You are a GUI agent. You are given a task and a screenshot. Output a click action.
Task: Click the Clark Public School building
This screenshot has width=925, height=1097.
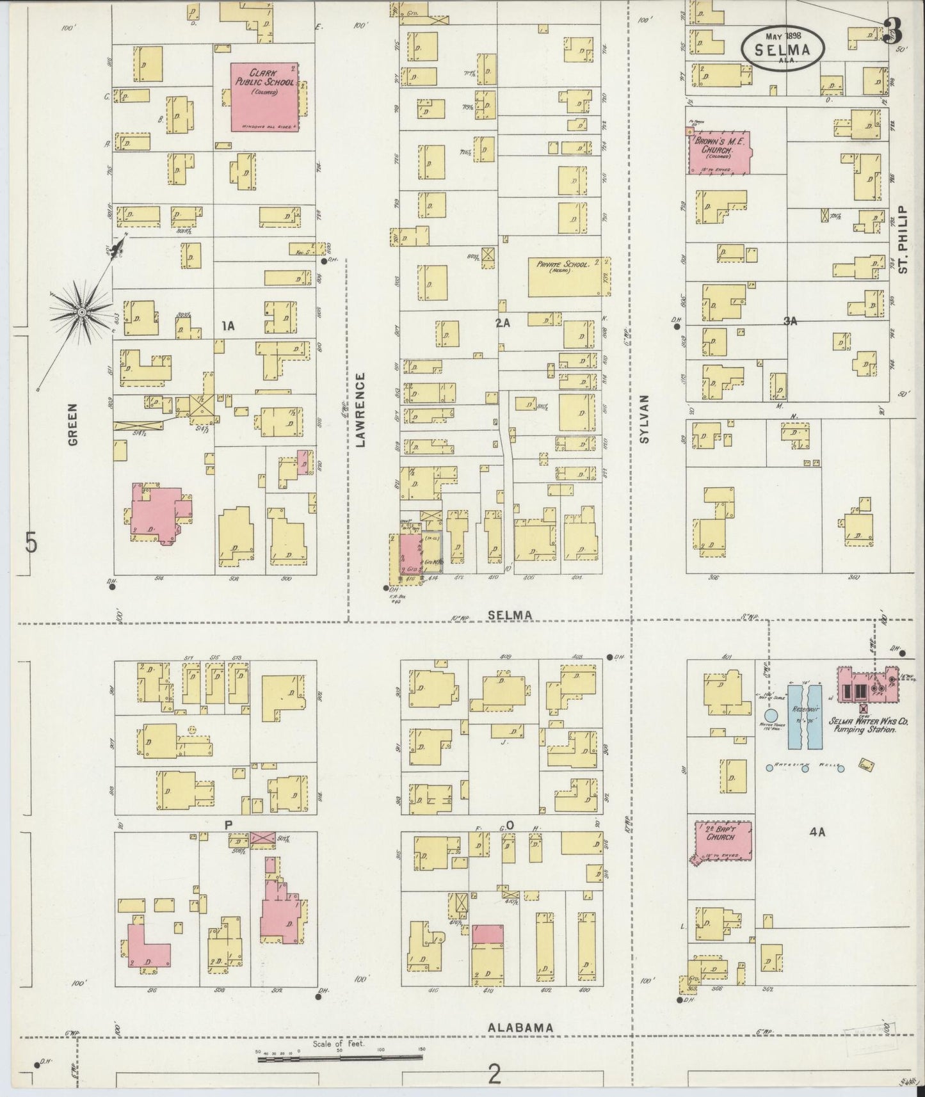pyautogui.click(x=264, y=97)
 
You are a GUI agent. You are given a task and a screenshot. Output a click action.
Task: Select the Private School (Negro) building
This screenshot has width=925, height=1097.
pyautogui.click(x=566, y=277)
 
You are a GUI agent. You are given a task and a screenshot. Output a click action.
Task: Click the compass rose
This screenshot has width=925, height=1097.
pyautogui.click(x=82, y=312)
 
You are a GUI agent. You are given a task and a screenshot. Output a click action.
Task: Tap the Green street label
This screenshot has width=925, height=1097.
pyautogui.click(x=72, y=424)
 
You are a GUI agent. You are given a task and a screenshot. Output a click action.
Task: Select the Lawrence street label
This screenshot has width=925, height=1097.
pyautogui.click(x=360, y=410)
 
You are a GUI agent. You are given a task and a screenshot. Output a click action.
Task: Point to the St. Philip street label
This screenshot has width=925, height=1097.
pyautogui.click(x=903, y=239)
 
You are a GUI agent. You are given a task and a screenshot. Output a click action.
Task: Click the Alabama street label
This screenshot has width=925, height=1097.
pyautogui.click(x=520, y=1045)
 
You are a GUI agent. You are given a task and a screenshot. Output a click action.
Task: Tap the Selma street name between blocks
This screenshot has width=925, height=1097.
pyautogui.click(x=510, y=614)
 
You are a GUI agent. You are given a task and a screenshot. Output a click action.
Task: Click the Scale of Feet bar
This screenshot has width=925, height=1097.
pyautogui.click(x=339, y=1059)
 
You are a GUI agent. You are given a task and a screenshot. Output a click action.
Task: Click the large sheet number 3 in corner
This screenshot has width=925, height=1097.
pyautogui.click(x=892, y=29)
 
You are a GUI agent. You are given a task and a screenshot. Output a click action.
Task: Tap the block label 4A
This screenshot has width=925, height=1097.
pyautogui.click(x=817, y=832)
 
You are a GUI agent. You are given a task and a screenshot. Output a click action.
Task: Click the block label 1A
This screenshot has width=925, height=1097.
pyautogui.click(x=228, y=326)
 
